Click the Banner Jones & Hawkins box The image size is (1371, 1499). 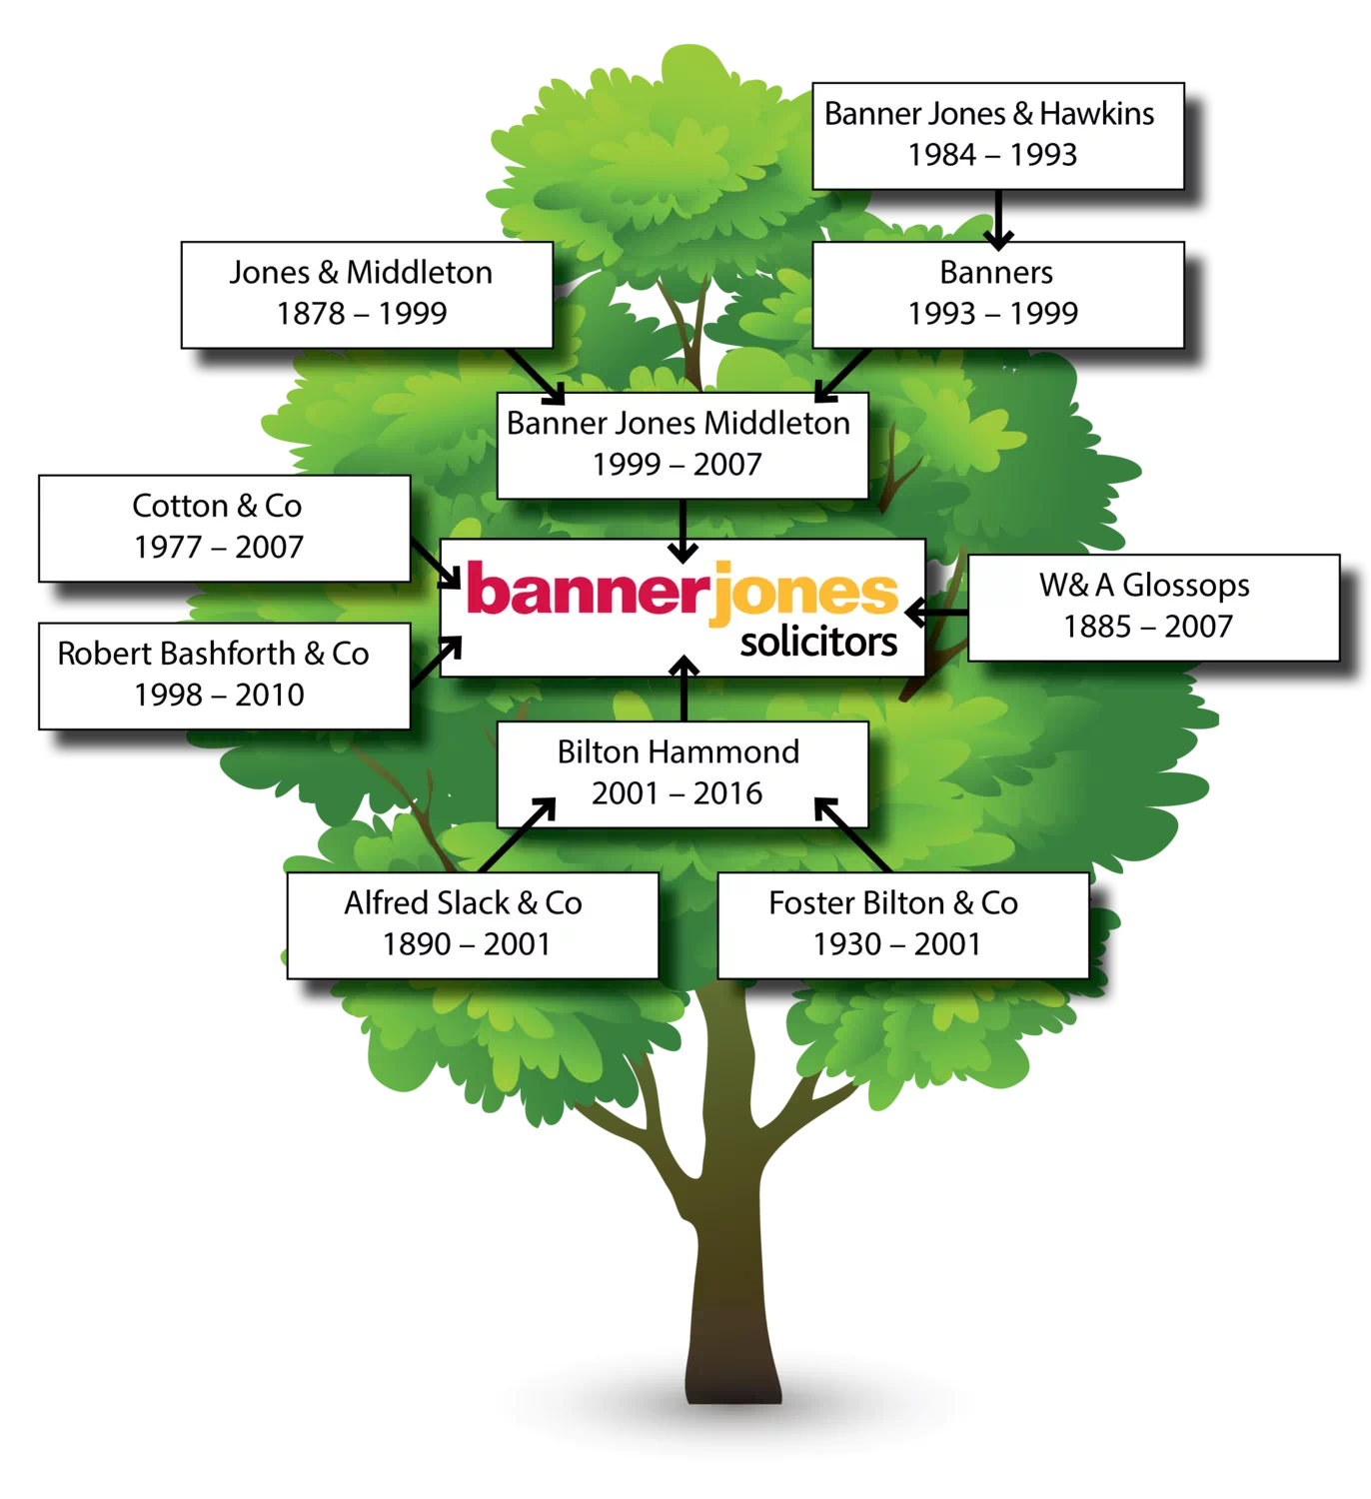tap(997, 135)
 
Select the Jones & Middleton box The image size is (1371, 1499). tap(366, 294)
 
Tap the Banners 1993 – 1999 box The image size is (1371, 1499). tap(997, 294)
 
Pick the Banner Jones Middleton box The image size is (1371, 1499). tap(682, 445)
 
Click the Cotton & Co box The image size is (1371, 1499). tap(224, 527)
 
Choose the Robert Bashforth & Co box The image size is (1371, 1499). tap(224, 676)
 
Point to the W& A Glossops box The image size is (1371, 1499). tap(1152, 607)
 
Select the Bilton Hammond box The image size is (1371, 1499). tap(682, 773)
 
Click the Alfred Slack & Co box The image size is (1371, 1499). tap(472, 924)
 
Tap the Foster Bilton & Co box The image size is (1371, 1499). tap(902, 924)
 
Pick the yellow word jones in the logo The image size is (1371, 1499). tap(807, 592)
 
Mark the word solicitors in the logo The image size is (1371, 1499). tap(818, 642)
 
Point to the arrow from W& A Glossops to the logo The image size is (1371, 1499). tap(937, 610)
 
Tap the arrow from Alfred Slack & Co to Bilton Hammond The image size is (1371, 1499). tap(517, 835)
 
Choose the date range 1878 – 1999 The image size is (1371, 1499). tap(362, 314)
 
